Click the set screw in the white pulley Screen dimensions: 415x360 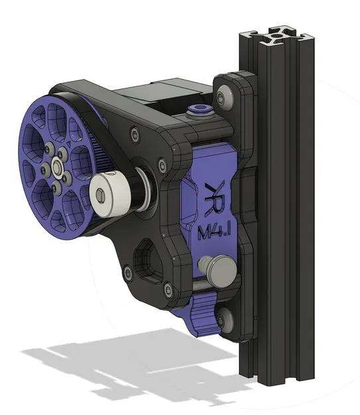(x=100, y=195)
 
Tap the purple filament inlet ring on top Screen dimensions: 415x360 (x=197, y=108)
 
